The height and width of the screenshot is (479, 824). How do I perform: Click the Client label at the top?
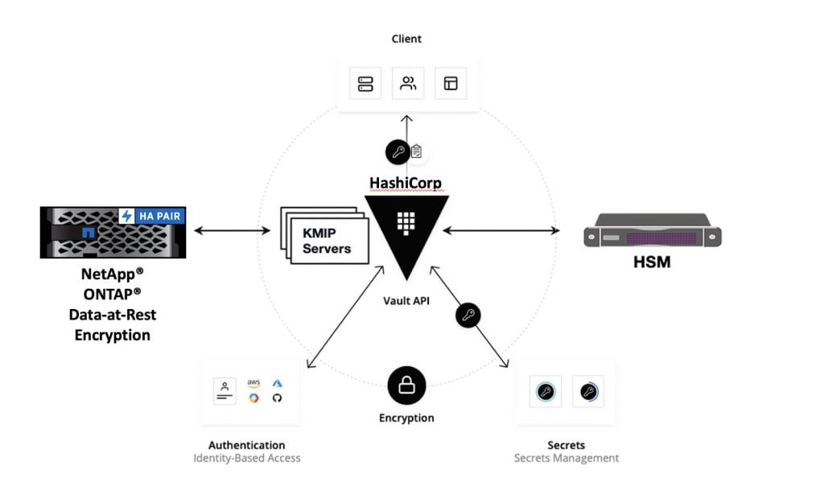tap(406, 39)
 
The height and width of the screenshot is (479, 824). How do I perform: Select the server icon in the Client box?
tap(365, 84)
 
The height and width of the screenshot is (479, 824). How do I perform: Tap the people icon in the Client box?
tap(408, 84)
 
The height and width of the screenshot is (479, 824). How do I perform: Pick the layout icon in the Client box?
tap(450, 84)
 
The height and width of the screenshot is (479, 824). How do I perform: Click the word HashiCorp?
tap(406, 183)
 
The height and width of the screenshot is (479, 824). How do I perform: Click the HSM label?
tap(651, 262)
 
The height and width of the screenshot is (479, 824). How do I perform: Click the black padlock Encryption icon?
tap(406, 386)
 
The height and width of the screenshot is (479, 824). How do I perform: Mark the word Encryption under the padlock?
tap(406, 418)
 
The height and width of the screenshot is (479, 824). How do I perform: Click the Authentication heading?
tap(246, 445)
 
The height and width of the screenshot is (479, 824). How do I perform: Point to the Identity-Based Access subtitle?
tap(246, 458)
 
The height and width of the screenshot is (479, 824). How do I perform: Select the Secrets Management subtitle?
tap(566, 458)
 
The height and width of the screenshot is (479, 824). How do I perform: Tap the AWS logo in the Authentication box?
tap(254, 382)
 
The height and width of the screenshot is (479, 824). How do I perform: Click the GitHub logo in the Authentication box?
tap(278, 398)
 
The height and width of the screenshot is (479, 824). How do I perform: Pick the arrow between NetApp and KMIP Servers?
tap(232, 231)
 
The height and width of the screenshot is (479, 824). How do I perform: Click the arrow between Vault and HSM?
tap(501, 231)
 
